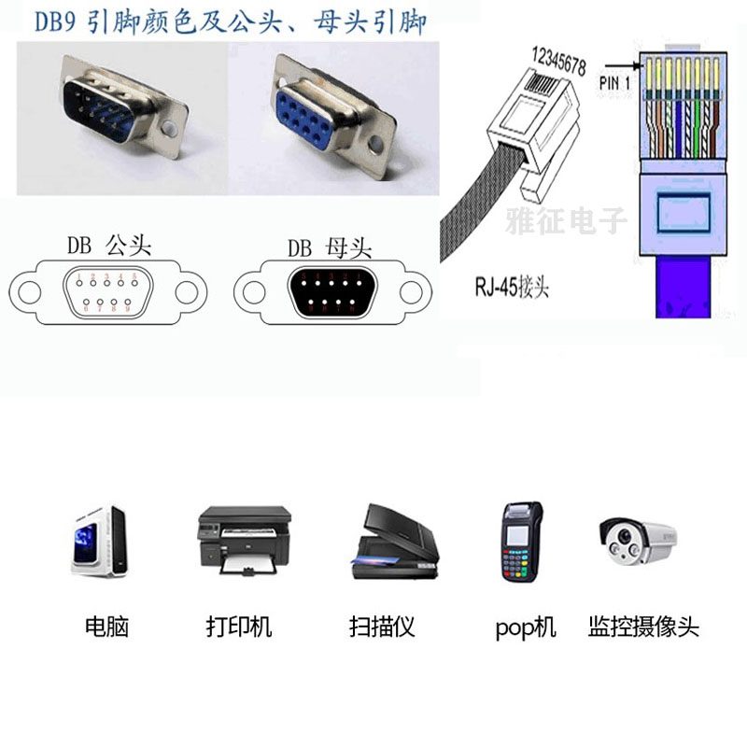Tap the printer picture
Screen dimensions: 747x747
click(244, 541)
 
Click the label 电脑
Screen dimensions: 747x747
click(106, 627)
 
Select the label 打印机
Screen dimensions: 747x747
click(239, 627)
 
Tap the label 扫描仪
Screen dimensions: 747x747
click(381, 627)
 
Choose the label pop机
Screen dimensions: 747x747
click(525, 627)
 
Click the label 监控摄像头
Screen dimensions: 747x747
click(643, 627)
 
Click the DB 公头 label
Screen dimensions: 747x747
click(108, 246)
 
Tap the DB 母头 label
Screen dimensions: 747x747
click(329, 247)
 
